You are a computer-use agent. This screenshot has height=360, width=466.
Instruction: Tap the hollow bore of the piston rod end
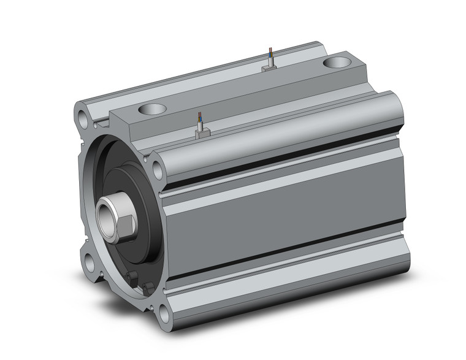[x=105, y=215]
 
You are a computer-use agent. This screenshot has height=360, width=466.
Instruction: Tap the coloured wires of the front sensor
[x=199, y=118]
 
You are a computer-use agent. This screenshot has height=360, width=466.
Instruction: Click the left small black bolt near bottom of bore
[x=129, y=277]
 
